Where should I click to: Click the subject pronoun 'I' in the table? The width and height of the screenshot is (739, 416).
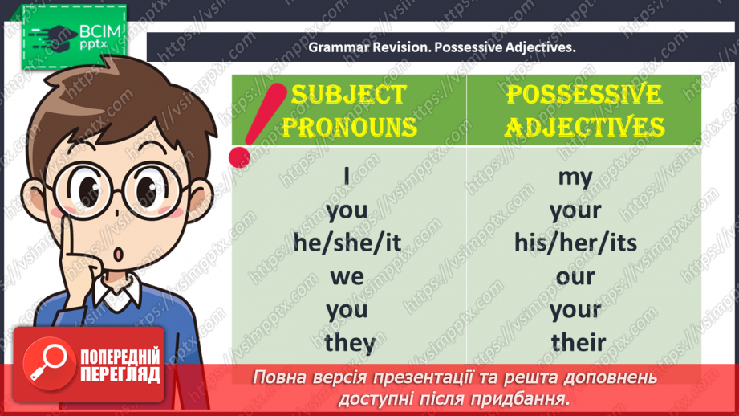(347, 176)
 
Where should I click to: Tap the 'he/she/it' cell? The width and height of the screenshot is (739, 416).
(347, 243)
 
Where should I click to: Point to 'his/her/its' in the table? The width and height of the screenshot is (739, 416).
(575, 243)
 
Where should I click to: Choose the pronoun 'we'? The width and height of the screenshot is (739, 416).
(347, 276)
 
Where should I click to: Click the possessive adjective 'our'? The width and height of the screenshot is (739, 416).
(575, 276)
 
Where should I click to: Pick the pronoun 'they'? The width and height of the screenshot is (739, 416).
(350, 343)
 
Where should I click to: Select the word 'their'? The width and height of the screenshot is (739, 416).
(578, 343)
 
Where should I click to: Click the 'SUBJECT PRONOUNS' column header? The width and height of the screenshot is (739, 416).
(353, 110)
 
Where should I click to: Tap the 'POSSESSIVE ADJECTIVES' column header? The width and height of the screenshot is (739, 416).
(584, 110)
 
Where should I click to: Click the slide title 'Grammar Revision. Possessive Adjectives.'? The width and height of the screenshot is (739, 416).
(442, 47)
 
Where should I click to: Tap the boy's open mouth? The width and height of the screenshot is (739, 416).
(119, 255)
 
